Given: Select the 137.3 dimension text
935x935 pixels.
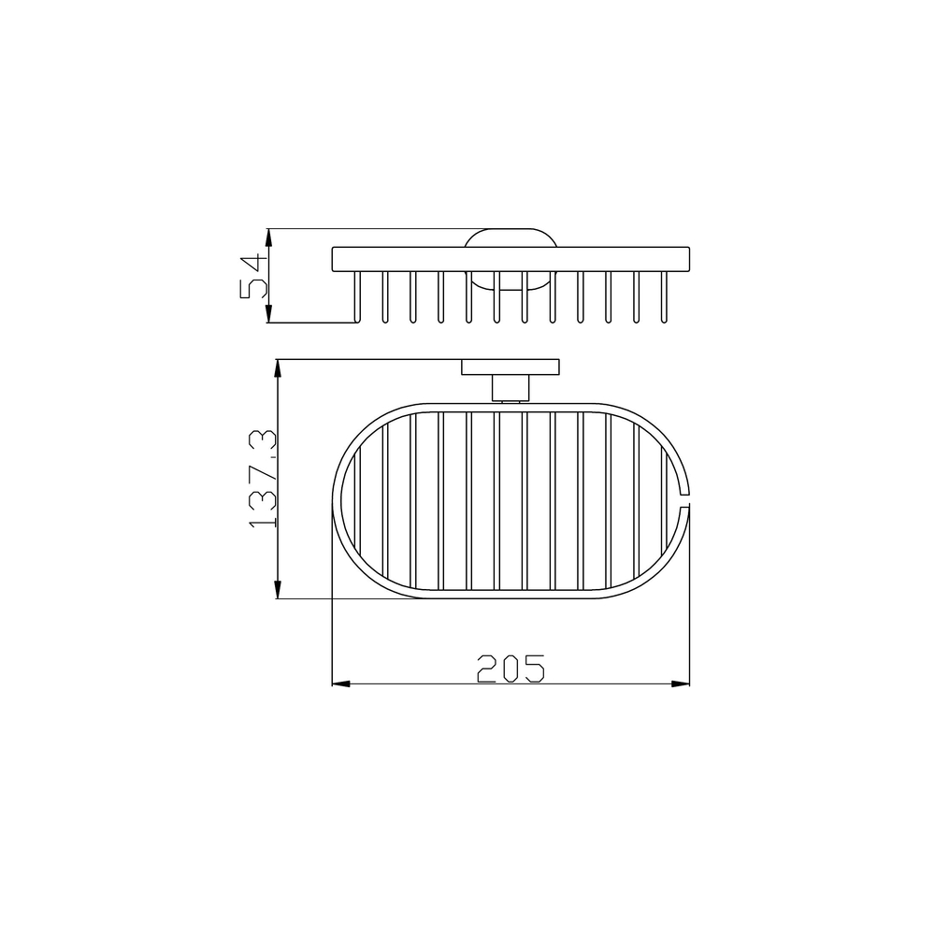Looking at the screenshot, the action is tap(262, 479).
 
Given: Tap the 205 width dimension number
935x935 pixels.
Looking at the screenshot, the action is tap(511, 669).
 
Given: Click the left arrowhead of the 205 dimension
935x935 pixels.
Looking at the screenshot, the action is tap(340, 683).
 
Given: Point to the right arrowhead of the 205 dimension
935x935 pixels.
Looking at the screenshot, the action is tap(681, 683).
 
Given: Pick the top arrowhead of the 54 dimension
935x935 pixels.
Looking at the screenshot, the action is tap(269, 237).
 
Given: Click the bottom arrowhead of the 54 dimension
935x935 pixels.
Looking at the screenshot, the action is tap(269, 313).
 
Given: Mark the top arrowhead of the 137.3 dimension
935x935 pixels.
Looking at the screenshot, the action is tap(278, 368).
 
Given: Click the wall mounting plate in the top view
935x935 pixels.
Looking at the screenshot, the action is tap(511, 367).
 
